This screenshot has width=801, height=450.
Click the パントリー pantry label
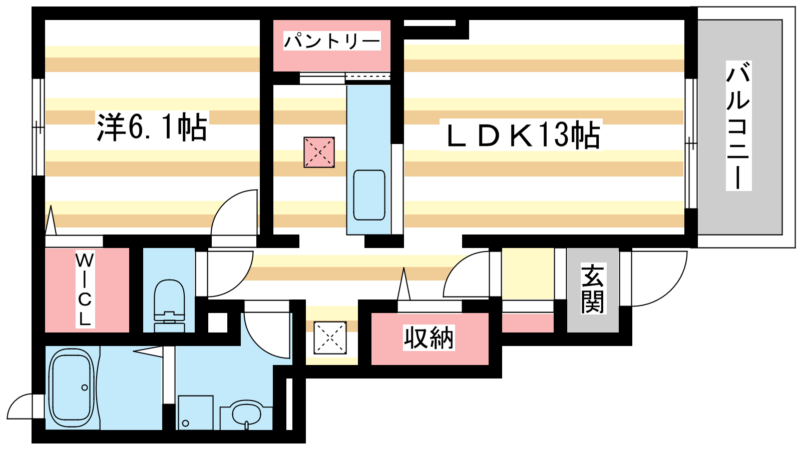click(x=332, y=41)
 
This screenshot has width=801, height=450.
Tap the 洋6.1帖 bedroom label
click(x=152, y=127)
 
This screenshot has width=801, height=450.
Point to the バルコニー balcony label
click(x=738, y=125)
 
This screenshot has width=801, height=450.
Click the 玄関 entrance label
click(x=593, y=288)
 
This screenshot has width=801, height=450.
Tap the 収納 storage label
click(x=429, y=337)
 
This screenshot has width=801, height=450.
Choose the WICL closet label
click(x=85, y=289)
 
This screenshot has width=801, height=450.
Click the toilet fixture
click(x=169, y=305)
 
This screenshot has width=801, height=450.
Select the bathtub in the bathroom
click(x=72, y=388)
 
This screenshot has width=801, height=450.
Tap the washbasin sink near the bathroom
click(x=246, y=414)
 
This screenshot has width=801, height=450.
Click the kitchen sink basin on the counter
click(x=369, y=195)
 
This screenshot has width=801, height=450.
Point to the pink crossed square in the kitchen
click(x=319, y=152)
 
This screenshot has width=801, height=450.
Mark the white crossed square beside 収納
click(x=330, y=337)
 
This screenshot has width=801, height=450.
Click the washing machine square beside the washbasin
click(x=196, y=412)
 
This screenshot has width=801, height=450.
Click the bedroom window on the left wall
click(x=38, y=127)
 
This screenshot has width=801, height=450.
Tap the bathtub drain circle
click(x=85, y=387)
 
